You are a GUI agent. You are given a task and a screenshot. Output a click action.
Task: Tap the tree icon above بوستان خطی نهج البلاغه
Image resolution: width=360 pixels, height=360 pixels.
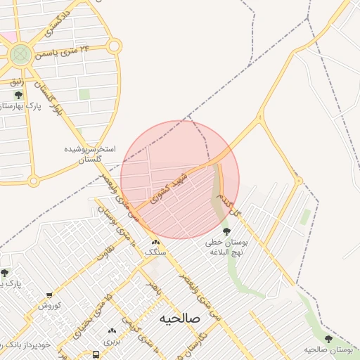226,231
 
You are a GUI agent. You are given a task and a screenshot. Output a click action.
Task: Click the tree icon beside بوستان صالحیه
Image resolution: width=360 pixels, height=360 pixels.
328,339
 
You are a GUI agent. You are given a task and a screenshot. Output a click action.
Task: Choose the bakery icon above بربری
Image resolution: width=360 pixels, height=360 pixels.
111,331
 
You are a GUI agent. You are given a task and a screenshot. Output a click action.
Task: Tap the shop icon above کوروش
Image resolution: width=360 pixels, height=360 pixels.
50,296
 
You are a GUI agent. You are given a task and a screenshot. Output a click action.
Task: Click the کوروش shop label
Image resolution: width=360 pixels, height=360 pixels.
50,306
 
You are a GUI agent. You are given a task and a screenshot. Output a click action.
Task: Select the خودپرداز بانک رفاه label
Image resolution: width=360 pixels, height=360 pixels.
28,345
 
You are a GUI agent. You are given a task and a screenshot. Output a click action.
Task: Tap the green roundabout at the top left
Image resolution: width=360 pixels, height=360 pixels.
20,53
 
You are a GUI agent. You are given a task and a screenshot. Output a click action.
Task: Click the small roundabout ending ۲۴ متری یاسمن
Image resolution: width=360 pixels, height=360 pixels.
114,46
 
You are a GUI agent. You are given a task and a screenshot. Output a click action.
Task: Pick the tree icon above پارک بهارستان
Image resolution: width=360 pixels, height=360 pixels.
18,95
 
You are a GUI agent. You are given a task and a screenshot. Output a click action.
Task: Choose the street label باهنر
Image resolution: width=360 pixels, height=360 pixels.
152,288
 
